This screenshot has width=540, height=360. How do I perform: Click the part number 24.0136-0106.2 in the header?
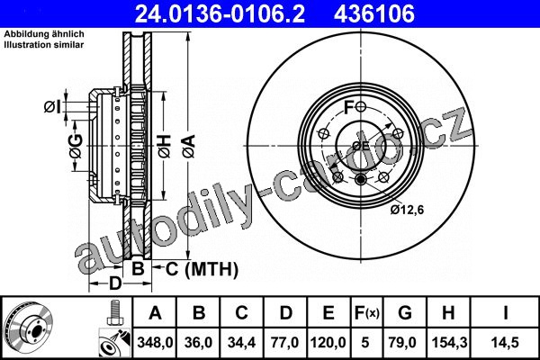(x=220, y=13)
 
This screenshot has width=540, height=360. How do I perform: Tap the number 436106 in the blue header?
(x=374, y=13)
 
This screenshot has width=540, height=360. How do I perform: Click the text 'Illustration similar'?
(x=44, y=45)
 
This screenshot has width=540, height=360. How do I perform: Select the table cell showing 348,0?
(x=155, y=343)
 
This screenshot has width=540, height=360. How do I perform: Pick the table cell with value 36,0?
(x=198, y=343)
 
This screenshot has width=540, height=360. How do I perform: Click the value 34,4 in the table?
(x=241, y=343)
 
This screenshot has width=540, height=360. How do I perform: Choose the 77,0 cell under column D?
(x=285, y=343)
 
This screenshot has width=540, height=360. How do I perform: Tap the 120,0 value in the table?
(x=328, y=343)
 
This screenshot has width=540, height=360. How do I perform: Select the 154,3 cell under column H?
(x=448, y=343)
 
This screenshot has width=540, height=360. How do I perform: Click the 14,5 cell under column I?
(x=505, y=343)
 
